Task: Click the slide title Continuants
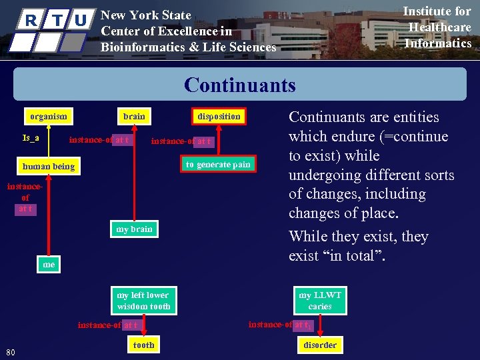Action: tap(239, 85)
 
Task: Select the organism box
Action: tap(49, 116)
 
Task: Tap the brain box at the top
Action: tap(134, 116)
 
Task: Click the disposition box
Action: tap(219, 116)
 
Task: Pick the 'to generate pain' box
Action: tap(218, 164)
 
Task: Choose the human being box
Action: tap(49, 166)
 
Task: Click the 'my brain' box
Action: tap(134, 229)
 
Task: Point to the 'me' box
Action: tap(49, 265)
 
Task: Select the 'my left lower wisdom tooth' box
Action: tap(143, 301)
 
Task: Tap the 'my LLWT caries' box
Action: tap(320, 301)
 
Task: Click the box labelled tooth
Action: tap(143, 345)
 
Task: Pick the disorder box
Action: tap(320, 345)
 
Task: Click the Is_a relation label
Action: tap(31, 138)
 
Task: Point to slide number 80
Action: tap(11, 352)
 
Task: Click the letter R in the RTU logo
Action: tap(31, 20)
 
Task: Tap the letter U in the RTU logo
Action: tap(81, 20)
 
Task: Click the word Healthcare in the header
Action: tap(439, 27)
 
